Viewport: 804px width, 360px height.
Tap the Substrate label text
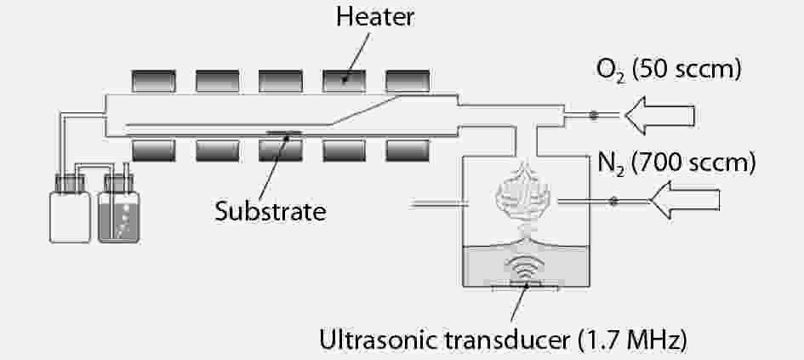click(x=271, y=209)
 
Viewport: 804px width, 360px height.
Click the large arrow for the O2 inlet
click(x=660, y=115)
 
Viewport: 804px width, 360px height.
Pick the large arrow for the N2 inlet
click(x=685, y=202)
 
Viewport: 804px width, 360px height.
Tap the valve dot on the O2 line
click(x=595, y=115)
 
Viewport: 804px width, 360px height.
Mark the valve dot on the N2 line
click(x=613, y=202)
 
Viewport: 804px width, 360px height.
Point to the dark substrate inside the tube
click(x=283, y=132)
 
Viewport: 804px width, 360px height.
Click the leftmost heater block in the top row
click(x=154, y=80)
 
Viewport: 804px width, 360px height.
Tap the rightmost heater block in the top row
click(x=408, y=80)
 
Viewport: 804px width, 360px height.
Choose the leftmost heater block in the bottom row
click(x=154, y=150)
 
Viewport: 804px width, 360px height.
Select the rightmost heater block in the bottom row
click(x=408, y=150)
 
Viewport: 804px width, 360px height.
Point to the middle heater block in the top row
click(x=281, y=80)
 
